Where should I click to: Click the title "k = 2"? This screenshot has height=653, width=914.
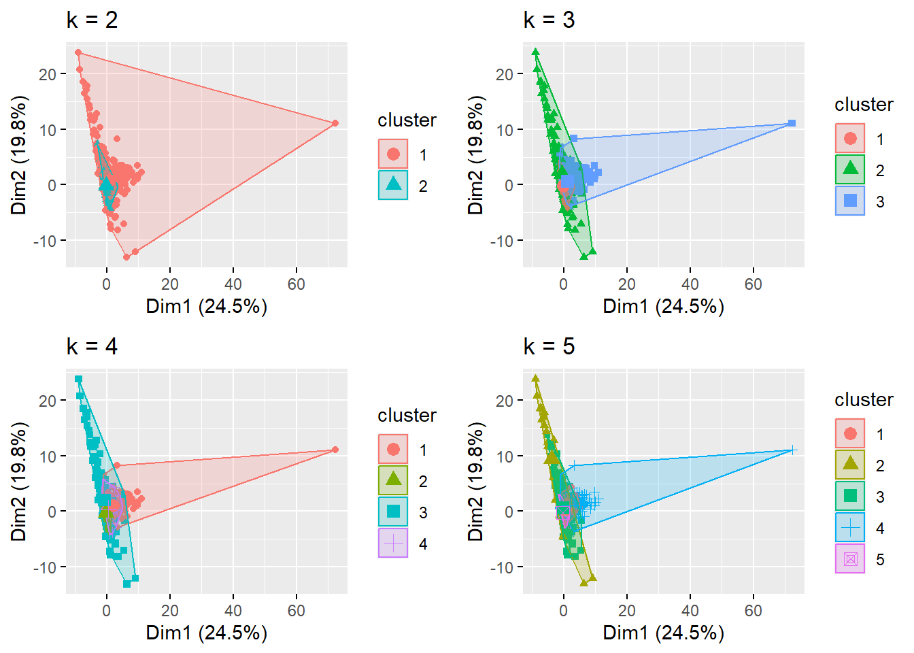pyautogui.click(x=92, y=20)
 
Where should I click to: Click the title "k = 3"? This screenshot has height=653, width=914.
pyautogui.click(x=549, y=20)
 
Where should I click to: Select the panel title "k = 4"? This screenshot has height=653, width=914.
pyautogui.click(x=92, y=347)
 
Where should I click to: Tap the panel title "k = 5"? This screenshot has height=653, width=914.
pyautogui.click(x=549, y=347)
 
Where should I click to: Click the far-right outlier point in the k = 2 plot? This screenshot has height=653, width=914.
pyautogui.click(x=335, y=123)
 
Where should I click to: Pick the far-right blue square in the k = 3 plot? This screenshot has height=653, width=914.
pyautogui.click(x=792, y=123)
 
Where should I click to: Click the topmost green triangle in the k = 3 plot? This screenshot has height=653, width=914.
pyautogui.click(x=535, y=52)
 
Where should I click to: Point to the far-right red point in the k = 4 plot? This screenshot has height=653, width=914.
pyautogui.click(x=335, y=450)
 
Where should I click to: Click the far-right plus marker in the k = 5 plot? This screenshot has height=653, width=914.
pyautogui.click(x=792, y=450)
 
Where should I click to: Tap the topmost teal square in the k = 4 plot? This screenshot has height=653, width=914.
pyautogui.click(x=78, y=379)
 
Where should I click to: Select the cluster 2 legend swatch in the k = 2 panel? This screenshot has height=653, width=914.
pyautogui.click(x=393, y=185)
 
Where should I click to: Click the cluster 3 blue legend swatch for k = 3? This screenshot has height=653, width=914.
pyautogui.click(x=850, y=201)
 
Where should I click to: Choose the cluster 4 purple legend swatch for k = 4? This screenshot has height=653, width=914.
pyautogui.click(x=393, y=543)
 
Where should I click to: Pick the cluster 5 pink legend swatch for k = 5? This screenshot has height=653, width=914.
pyautogui.click(x=850, y=559)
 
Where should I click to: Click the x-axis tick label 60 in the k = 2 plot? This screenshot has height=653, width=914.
pyautogui.click(x=297, y=284)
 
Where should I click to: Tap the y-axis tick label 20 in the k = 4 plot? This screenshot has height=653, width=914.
pyautogui.click(x=48, y=401)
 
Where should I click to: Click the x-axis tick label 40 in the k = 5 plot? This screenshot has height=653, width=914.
pyautogui.click(x=690, y=611)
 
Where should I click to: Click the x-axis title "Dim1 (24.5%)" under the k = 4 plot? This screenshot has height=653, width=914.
pyautogui.click(x=207, y=633)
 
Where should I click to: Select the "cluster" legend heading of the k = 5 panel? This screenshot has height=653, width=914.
pyautogui.click(x=864, y=400)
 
